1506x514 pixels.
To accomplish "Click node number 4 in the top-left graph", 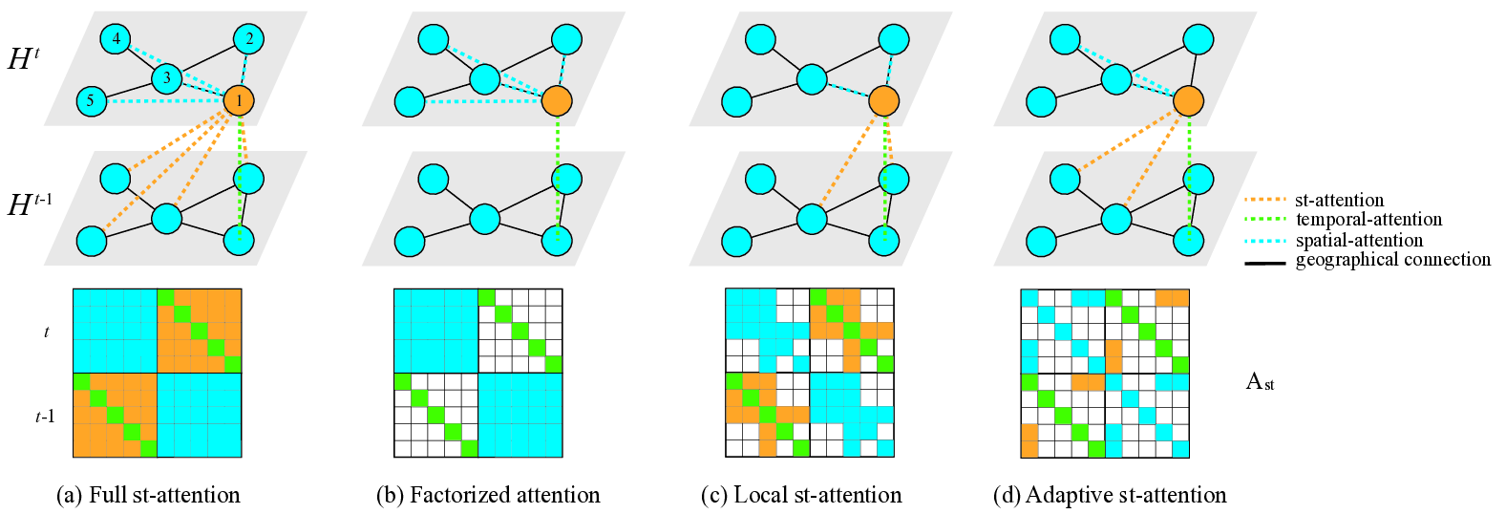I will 116,39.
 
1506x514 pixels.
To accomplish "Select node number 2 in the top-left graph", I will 249,39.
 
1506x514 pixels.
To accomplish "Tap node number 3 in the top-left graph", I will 167,78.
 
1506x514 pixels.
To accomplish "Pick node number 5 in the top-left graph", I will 92,100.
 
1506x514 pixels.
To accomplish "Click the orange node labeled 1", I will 239,100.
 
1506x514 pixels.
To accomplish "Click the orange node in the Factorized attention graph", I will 557,100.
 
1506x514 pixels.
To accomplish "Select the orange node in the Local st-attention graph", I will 883,100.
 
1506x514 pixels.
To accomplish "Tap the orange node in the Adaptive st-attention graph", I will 1188,100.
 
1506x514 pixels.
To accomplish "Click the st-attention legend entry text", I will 1339,201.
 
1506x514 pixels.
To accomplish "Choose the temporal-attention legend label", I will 1368,220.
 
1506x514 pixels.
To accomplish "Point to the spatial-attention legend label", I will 1359,240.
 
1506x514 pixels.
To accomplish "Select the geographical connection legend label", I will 1392,260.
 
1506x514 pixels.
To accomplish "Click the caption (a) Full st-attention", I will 149,495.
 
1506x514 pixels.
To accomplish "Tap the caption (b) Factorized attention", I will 488,495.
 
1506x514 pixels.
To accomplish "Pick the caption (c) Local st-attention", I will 801,495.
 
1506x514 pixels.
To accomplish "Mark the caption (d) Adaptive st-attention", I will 1110,495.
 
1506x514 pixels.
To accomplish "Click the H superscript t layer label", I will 24,59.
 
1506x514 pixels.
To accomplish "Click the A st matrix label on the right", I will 1260,382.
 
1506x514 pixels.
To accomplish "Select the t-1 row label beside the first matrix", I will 45,417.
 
